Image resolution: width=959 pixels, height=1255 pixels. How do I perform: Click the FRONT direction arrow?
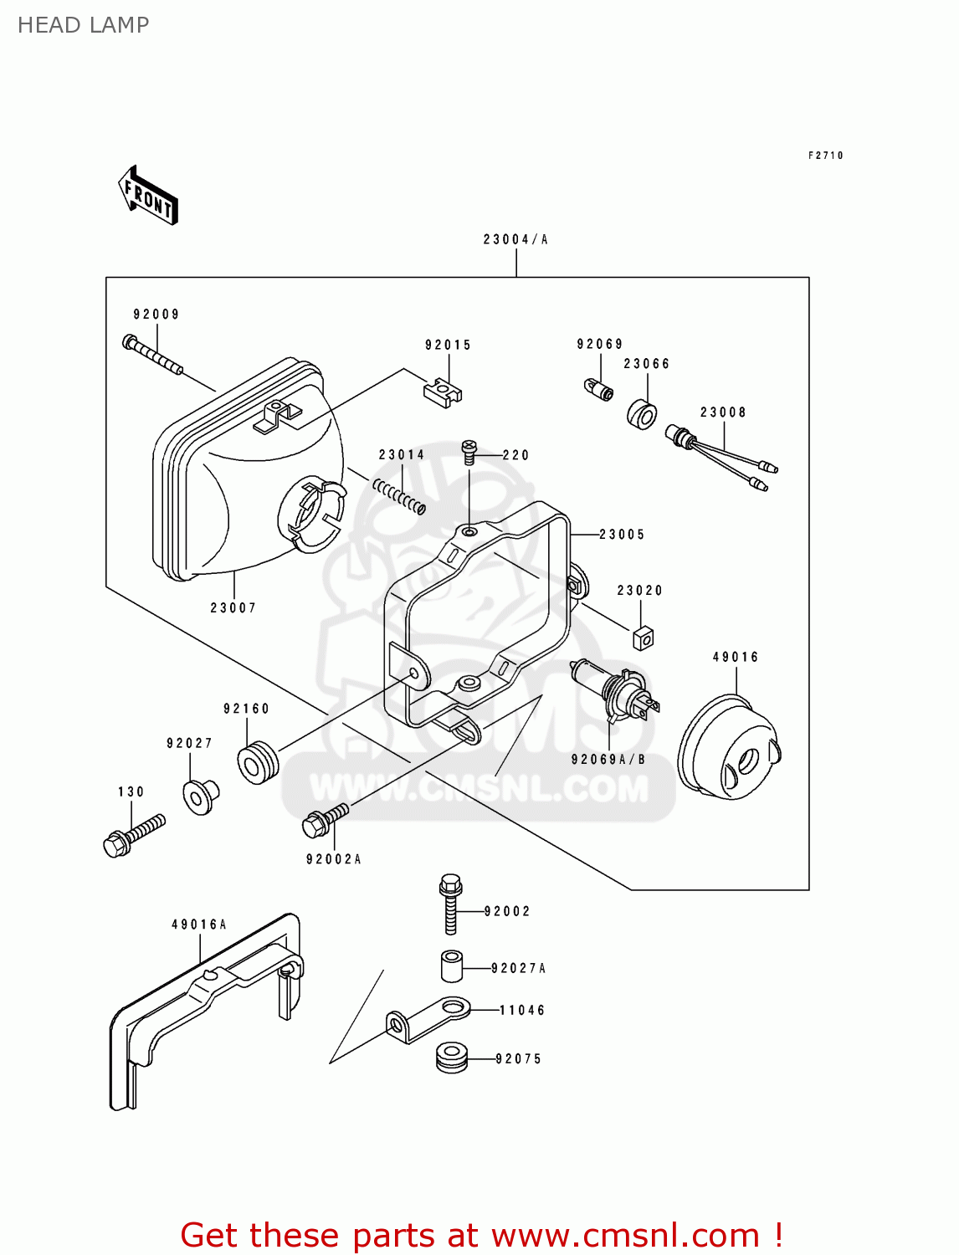tap(149, 196)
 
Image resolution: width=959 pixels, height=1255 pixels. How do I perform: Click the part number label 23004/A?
tap(515, 240)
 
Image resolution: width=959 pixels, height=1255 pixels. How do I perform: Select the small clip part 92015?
tap(443, 392)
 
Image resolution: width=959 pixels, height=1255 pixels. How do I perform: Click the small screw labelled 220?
tap(469, 452)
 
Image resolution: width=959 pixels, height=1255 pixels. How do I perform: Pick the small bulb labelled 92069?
tap(598, 389)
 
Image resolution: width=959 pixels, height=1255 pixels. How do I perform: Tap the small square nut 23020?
tap(643, 638)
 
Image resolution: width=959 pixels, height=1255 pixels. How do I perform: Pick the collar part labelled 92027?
tap(200, 797)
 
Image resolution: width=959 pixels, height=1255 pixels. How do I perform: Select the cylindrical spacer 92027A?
tap(452, 966)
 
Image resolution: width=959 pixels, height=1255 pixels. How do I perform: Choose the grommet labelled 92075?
tap(452, 1057)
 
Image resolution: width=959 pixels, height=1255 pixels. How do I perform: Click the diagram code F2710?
tap(825, 156)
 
